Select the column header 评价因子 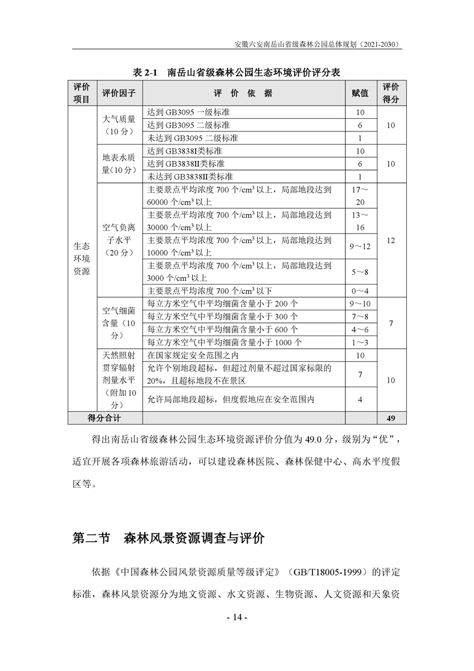coord(119,94)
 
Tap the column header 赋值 coord(360,94)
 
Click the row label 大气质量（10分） coord(119,125)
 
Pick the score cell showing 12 coord(391,240)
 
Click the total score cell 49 coord(391,418)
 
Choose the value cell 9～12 coord(360,247)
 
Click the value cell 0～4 coord(360,291)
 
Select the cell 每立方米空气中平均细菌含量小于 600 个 coord(223,329)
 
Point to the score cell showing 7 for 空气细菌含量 coord(391,323)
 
